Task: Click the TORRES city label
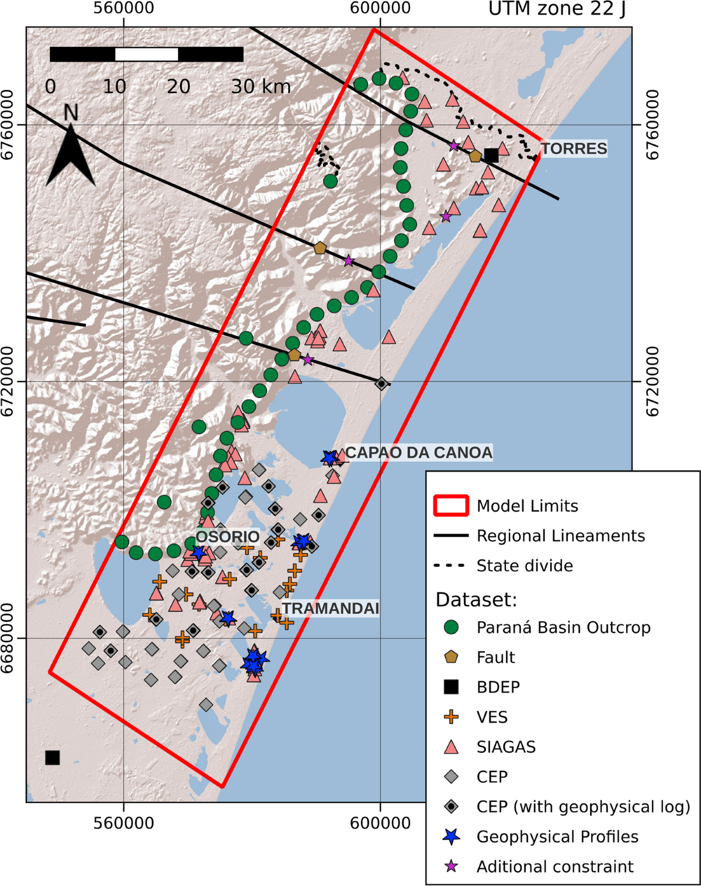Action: coord(574,148)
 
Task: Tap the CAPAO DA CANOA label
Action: coord(418,452)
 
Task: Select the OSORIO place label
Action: coord(227,537)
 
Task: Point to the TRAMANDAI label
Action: coord(331,608)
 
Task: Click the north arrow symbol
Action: coord(71,155)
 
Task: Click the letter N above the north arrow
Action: coord(71,112)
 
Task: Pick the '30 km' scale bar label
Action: coord(261,87)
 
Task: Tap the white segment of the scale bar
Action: coord(147,54)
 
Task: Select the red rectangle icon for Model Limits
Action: coord(450,506)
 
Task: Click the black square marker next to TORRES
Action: coord(491,155)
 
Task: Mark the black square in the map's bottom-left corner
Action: coord(53,757)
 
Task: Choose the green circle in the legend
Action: coord(451,628)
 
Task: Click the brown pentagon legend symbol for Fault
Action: coord(451,657)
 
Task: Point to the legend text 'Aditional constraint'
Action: coord(554,866)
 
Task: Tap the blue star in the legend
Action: coord(451,836)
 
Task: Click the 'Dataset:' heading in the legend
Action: coord(476,600)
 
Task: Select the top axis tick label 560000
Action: coord(123,8)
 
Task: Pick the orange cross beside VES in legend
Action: coord(451,717)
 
